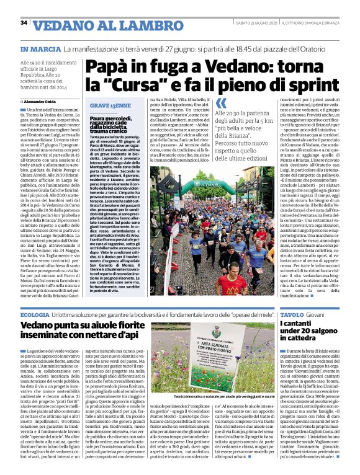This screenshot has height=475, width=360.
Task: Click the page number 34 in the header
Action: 24,23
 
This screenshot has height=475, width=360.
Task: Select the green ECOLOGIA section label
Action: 35,316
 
